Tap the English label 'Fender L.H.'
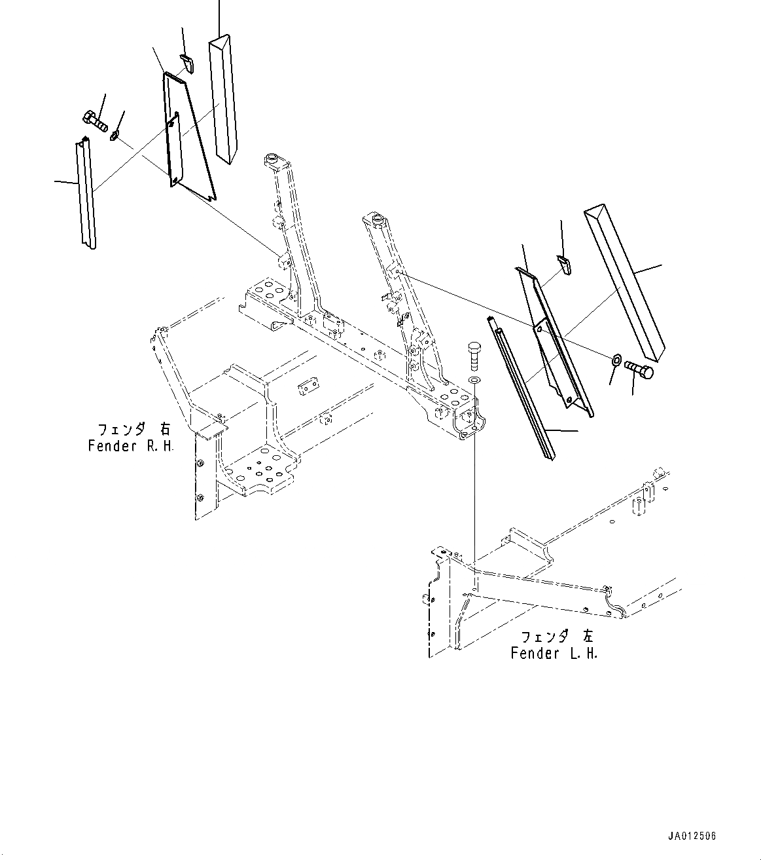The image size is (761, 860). [x=554, y=653]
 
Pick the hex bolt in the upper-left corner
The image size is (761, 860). [x=95, y=121]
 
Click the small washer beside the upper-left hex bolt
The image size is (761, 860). [x=116, y=136]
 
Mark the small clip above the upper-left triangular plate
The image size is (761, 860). [x=187, y=64]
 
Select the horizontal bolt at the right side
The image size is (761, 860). [x=639, y=370]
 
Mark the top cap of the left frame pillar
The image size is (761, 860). [x=272, y=159]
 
